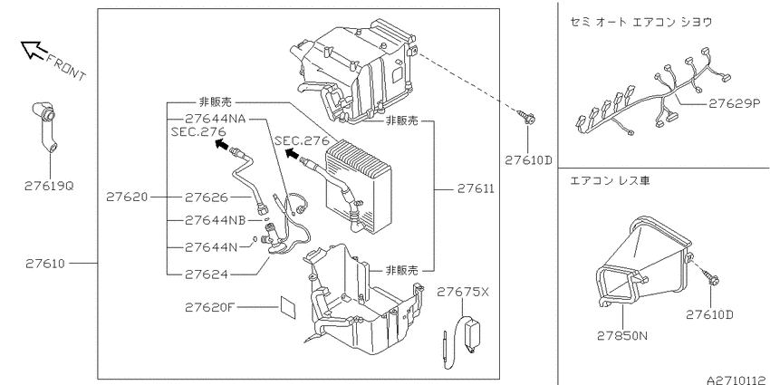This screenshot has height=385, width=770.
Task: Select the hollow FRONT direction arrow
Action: click(x=34, y=50)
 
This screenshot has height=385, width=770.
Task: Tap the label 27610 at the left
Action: click(x=44, y=264)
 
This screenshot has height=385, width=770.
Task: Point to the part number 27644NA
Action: click(x=215, y=119)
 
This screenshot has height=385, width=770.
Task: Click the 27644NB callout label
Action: click(x=215, y=220)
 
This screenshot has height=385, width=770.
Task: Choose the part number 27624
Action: click(x=207, y=274)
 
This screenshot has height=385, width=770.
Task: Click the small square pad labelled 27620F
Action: click(x=288, y=308)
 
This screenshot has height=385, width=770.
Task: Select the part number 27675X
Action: click(x=463, y=293)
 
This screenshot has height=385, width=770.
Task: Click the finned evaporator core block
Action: click(x=360, y=187)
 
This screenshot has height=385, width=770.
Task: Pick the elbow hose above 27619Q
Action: click(x=44, y=127)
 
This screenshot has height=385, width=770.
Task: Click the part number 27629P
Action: click(x=734, y=103)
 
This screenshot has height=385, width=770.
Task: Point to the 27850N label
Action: click(x=622, y=336)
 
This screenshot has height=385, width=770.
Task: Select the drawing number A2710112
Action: click(x=738, y=380)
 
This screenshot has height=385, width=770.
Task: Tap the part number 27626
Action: click(x=207, y=197)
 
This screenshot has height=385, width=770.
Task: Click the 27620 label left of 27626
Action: click(x=127, y=197)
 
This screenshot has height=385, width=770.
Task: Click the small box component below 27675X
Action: click(x=472, y=335)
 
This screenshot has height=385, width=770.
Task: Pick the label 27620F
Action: click(x=210, y=307)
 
